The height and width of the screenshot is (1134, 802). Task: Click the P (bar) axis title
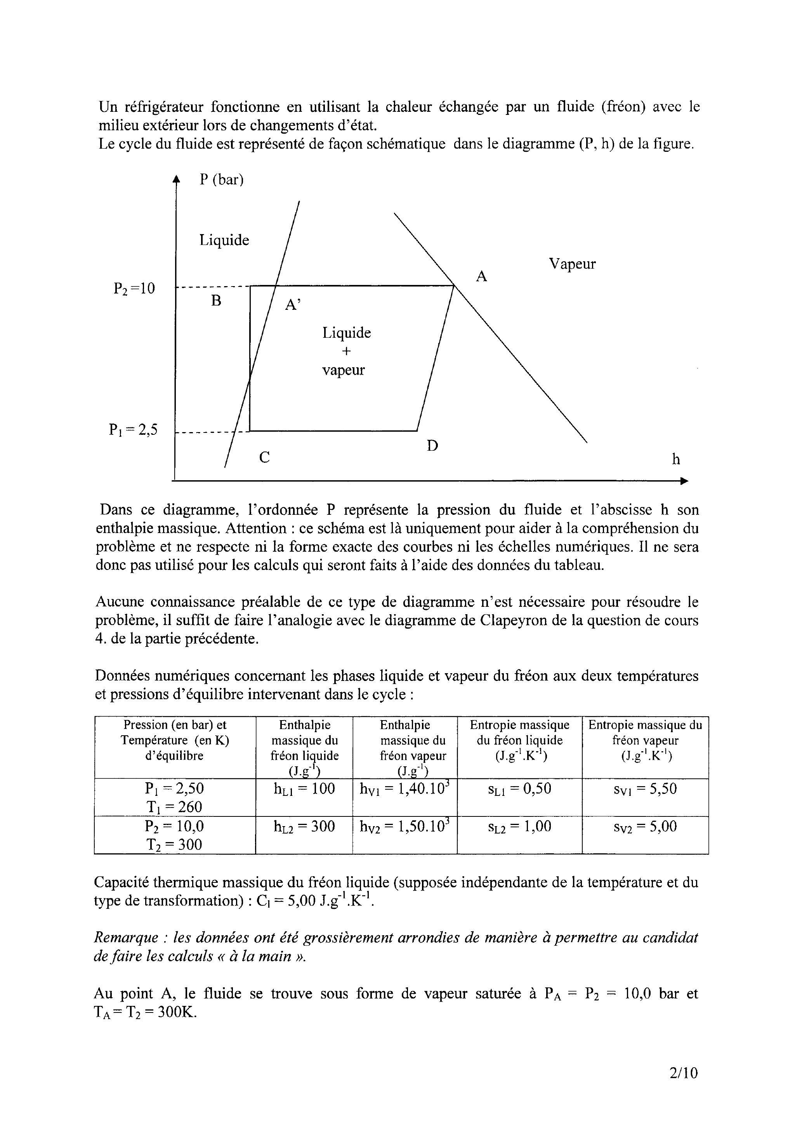[222, 180]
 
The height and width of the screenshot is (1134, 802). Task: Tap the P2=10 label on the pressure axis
[134, 288]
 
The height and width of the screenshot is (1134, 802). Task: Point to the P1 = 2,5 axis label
[133, 430]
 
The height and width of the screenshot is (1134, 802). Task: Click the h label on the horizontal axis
[675, 460]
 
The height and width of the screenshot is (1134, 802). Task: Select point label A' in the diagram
[292, 305]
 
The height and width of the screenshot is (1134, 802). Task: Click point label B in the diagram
[216, 301]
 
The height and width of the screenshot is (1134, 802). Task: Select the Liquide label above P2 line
[224, 241]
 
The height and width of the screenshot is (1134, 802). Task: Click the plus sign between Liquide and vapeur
[346, 351]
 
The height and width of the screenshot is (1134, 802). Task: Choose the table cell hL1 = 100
[304, 789]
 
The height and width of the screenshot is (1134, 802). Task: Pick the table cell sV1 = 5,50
[645, 789]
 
